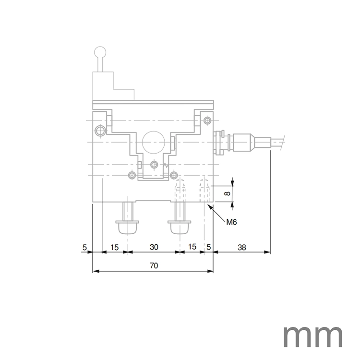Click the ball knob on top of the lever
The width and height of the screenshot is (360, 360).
(100, 51)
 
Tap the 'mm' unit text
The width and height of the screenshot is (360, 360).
(313, 336)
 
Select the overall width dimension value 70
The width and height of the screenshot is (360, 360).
(154, 265)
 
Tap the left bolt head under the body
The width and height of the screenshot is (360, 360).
(128, 226)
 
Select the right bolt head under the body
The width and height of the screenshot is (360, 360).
(180, 226)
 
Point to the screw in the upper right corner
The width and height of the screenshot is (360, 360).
(207, 120)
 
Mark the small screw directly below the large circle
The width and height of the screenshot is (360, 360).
(154, 165)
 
